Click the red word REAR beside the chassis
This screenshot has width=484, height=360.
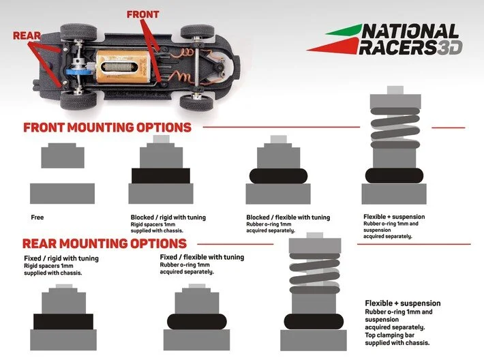click(x=27, y=35)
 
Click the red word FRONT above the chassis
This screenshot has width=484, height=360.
click(x=143, y=14)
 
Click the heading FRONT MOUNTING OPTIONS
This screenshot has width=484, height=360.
click(x=107, y=127)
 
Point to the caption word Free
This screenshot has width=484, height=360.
click(x=37, y=217)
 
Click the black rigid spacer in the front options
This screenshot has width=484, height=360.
click(x=160, y=175)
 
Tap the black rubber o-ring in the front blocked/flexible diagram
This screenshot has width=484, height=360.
click(x=277, y=175)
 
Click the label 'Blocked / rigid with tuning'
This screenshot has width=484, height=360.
click(x=168, y=217)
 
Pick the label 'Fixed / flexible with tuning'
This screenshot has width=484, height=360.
click(x=201, y=257)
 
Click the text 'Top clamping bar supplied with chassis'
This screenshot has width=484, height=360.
click(x=398, y=338)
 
